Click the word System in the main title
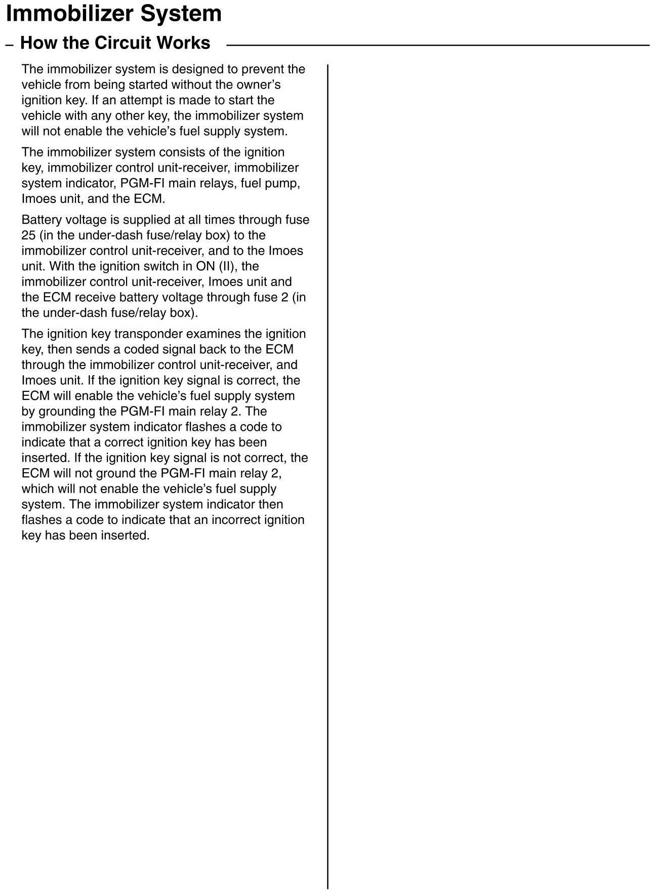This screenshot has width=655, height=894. coord(181,13)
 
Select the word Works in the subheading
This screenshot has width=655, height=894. coord(183,43)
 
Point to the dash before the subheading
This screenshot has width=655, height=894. coord(9,45)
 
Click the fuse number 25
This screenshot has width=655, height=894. coord(28,235)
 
